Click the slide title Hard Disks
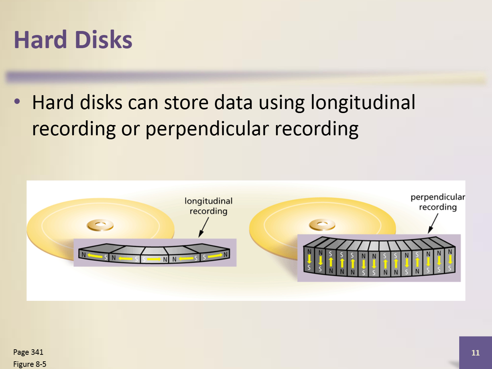73,40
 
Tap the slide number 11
475,353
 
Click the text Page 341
28,352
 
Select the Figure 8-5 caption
30,364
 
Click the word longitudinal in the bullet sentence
363,103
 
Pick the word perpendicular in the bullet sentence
207,129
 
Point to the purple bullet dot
17,102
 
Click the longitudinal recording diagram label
208,206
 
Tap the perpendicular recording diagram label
438,202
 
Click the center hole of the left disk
100,224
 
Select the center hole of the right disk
322,224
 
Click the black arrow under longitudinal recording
204,227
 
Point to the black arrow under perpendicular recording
433,224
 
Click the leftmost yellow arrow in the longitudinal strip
95,256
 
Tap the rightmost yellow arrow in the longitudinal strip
215,256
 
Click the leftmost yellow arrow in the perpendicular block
309,259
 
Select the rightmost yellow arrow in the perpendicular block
450,260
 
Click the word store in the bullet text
186,103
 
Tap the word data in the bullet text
233,103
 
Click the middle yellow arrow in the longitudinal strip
154,259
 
